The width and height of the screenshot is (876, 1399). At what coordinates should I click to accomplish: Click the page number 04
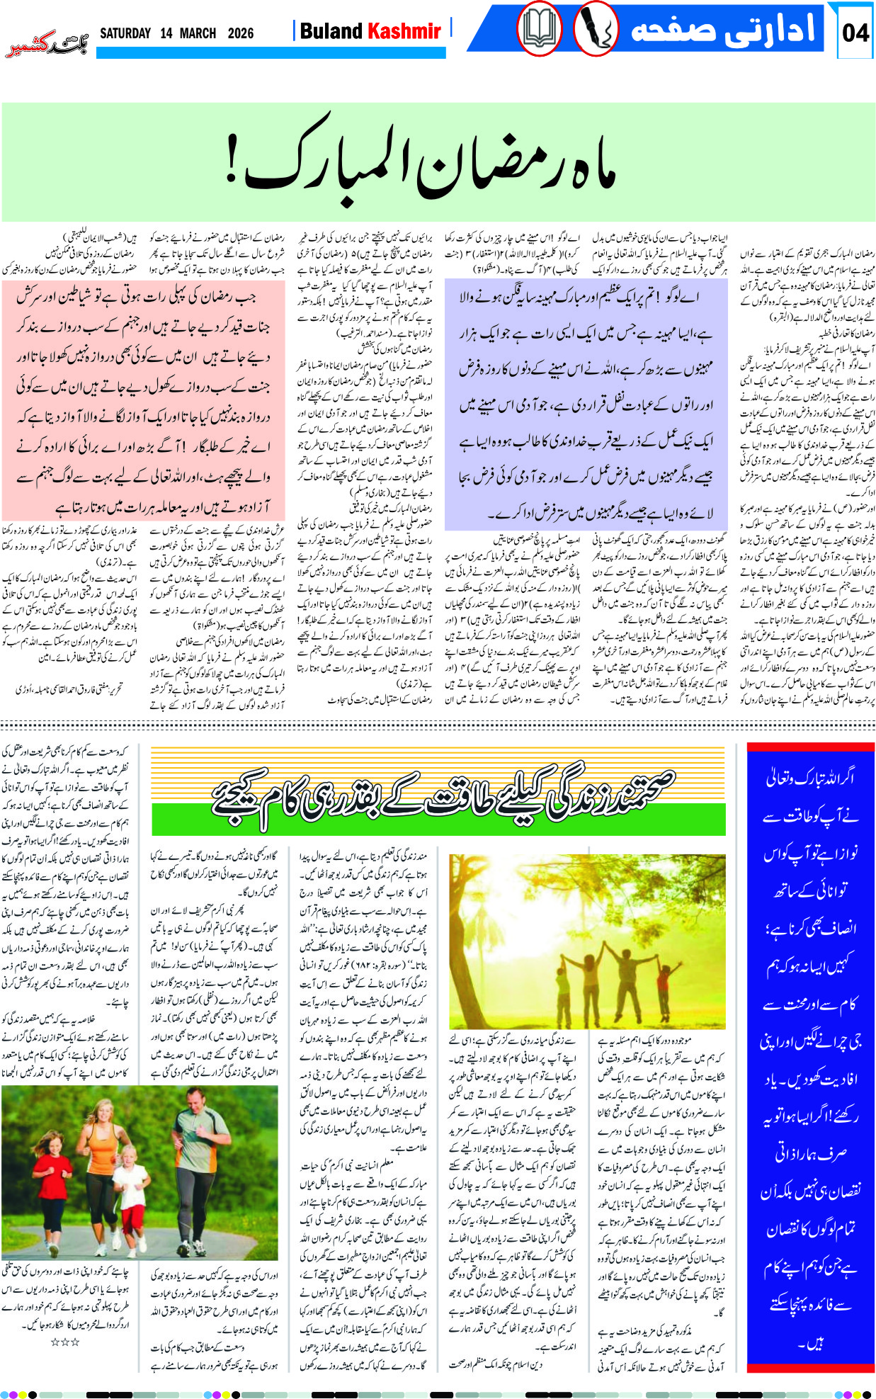pos(855,32)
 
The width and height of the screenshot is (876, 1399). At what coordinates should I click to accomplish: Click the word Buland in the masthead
pos(331,31)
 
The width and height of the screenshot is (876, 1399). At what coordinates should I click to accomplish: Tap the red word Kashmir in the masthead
pos(404,31)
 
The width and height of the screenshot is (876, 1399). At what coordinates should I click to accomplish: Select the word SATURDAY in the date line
pos(125,33)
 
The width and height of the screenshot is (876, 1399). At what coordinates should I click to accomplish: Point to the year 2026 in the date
pos(241,33)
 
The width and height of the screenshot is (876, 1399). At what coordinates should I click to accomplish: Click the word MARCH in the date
pos(198,33)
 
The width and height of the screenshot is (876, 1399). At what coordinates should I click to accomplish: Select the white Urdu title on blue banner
pos(722,30)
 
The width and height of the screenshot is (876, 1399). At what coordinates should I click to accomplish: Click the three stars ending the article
pos(64,1342)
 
